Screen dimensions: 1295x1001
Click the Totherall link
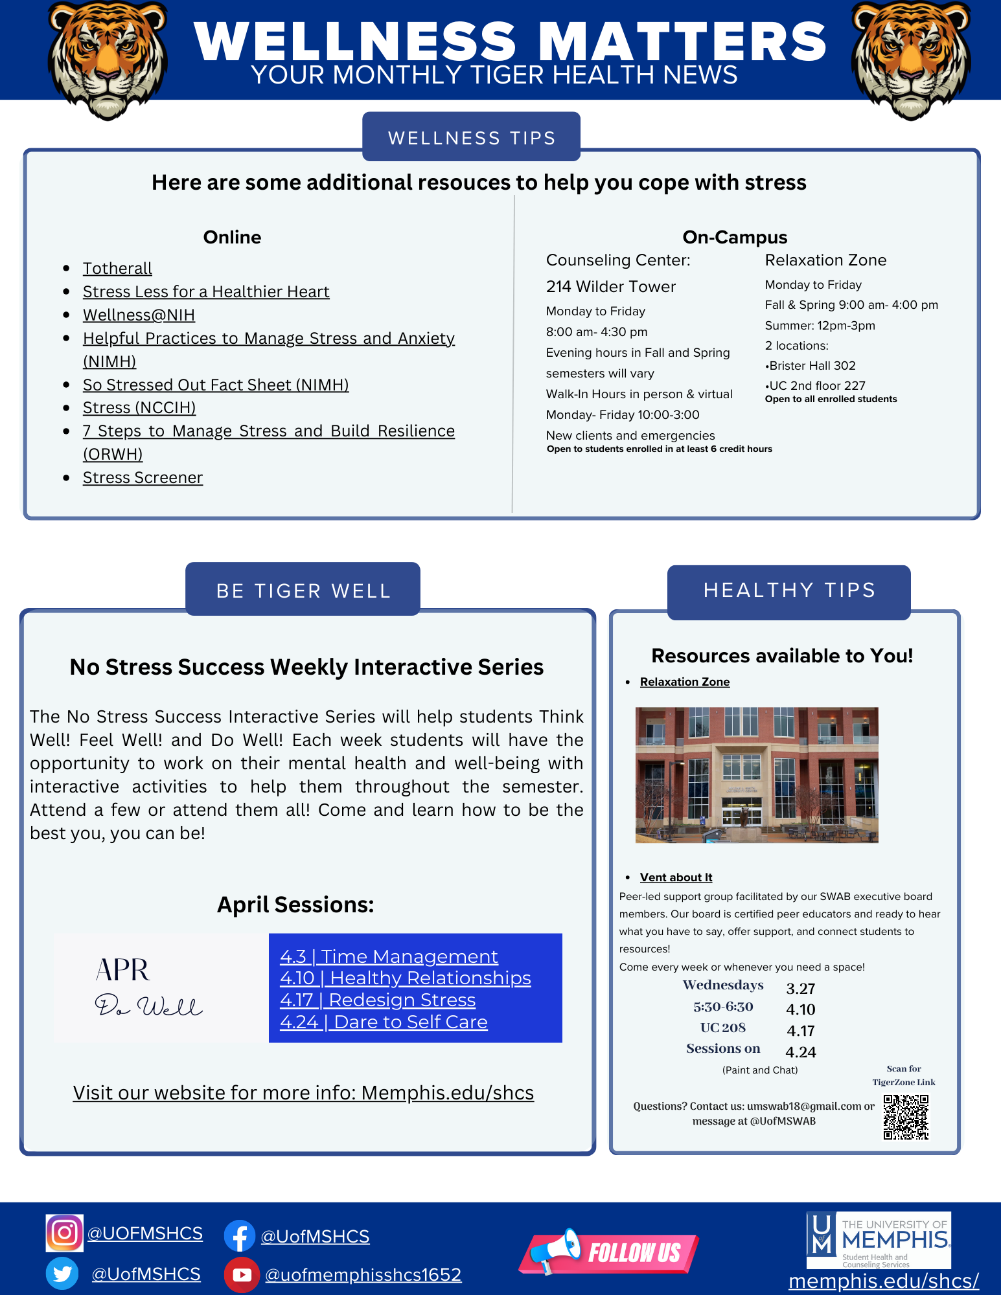tap(117, 268)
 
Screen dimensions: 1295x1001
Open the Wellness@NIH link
tap(139, 315)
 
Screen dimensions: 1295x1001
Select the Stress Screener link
tap(143, 478)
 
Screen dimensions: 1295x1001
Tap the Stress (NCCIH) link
tap(139, 408)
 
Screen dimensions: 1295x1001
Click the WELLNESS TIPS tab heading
tap(471, 137)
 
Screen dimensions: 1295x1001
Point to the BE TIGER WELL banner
tap(303, 590)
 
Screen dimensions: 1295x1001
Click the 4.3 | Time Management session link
tap(389, 956)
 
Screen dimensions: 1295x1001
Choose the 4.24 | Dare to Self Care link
tap(384, 1022)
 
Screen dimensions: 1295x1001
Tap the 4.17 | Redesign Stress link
tap(378, 1000)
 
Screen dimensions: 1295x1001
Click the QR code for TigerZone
tap(906, 1117)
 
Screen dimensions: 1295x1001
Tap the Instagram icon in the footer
tap(64, 1233)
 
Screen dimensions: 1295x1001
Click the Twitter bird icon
tap(62, 1274)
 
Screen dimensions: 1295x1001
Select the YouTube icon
tap(242, 1274)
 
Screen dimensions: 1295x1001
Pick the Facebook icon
tap(239, 1236)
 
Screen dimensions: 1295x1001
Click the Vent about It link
tap(676, 877)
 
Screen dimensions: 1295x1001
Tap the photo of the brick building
tap(757, 774)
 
